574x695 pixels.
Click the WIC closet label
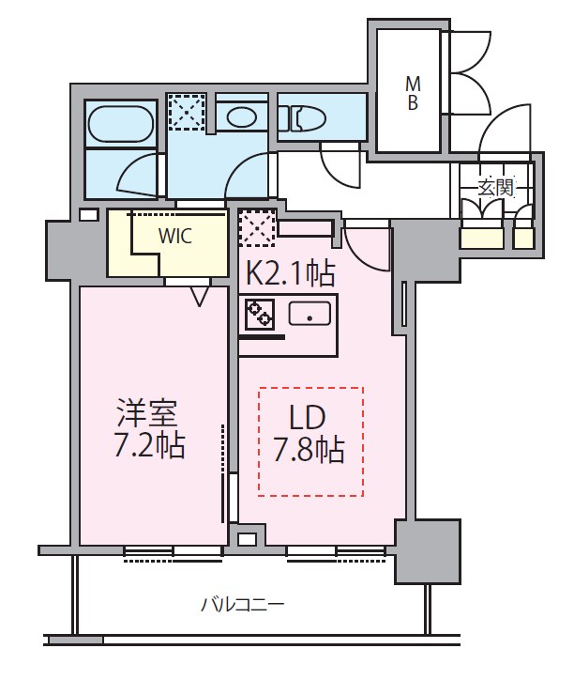coord(174,237)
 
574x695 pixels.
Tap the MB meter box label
coord(412,93)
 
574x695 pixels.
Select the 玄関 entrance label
coord(497,186)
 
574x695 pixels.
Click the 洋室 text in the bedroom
coord(148,413)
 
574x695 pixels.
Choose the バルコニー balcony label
coord(242,604)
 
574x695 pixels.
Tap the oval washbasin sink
coord(243,116)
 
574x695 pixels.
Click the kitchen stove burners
coord(259,314)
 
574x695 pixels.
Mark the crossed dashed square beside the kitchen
coord(256,226)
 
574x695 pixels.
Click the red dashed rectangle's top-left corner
coord(260,388)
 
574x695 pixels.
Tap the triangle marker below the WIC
coord(200,297)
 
